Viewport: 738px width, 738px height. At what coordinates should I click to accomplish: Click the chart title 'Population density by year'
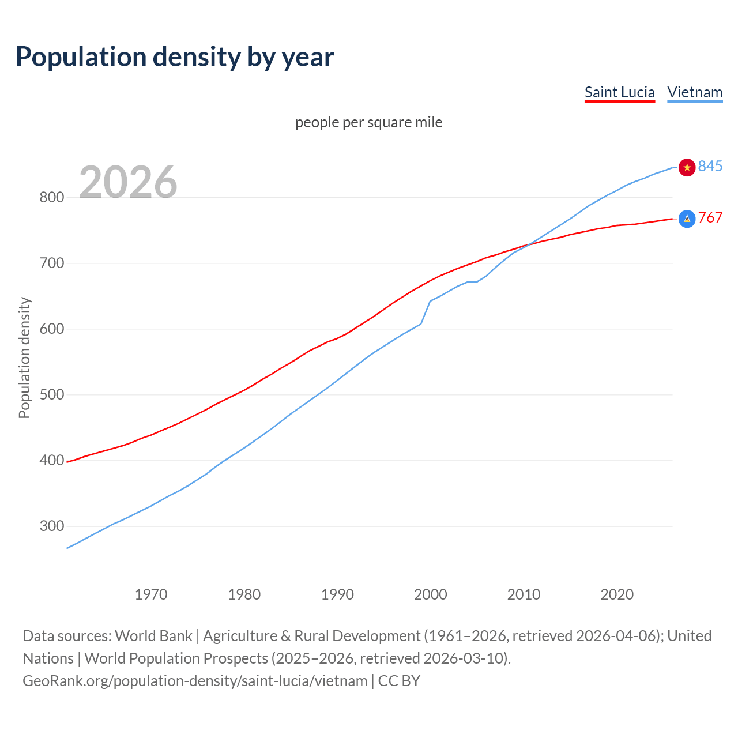[x=175, y=57]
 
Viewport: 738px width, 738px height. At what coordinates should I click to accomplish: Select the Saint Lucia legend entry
[x=619, y=92]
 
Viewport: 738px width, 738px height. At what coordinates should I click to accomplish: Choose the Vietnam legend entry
[x=695, y=92]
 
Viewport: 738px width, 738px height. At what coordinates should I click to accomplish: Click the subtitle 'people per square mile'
[x=369, y=123]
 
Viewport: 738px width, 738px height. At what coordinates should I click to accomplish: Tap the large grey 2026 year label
[x=128, y=182]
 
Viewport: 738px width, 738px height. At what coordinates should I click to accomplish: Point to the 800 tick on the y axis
[x=51, y=198]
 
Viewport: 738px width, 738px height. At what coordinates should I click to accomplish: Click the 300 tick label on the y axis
[x=51, y=526]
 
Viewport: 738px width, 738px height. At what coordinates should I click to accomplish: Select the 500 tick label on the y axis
[x=51, y=395]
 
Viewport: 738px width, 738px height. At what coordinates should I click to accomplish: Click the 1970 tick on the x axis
[x=151, y=594]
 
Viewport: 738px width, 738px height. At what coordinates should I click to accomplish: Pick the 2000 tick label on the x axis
[x=430, y=594]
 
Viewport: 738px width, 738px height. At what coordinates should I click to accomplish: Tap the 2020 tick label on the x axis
[x=617, y=594]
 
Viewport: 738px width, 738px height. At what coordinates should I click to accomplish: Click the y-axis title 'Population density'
[x=24, y=357]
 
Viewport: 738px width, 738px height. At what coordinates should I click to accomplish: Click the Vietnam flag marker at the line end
[x=687, y=167]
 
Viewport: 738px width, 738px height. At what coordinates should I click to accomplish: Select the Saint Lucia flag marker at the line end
[x=687, y=219]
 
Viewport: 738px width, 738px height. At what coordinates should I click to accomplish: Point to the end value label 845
[x=710, y=167]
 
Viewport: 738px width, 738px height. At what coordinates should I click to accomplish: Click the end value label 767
[x=710, y=217]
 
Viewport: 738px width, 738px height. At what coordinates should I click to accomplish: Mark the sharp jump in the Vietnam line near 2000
[x=426, y=312]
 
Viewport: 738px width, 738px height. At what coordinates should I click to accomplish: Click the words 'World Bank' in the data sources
[x=153, y=636]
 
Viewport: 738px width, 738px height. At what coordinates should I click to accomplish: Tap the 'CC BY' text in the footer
[x=399, y=681]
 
